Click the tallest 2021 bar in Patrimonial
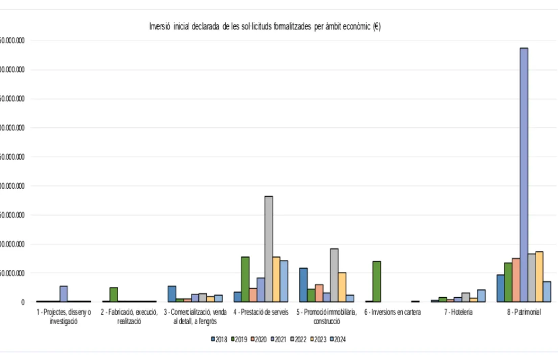tap(524, 175)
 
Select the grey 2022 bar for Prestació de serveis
tap(268, 249)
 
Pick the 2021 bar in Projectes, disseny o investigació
tap(63, 294)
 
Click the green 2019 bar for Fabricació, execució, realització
tap(114, 295)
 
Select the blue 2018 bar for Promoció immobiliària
tap(303, 285)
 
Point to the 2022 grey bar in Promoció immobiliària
tap(334, 275)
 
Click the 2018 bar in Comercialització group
tap(172, 294)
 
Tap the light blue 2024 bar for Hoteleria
tap(481, 296)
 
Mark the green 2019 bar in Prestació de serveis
tap(245, 279)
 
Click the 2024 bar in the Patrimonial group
tap(547, 292)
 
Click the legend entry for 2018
tap(219, 339)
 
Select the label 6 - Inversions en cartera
tap(392, 312)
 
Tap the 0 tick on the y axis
tap(22, 302)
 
